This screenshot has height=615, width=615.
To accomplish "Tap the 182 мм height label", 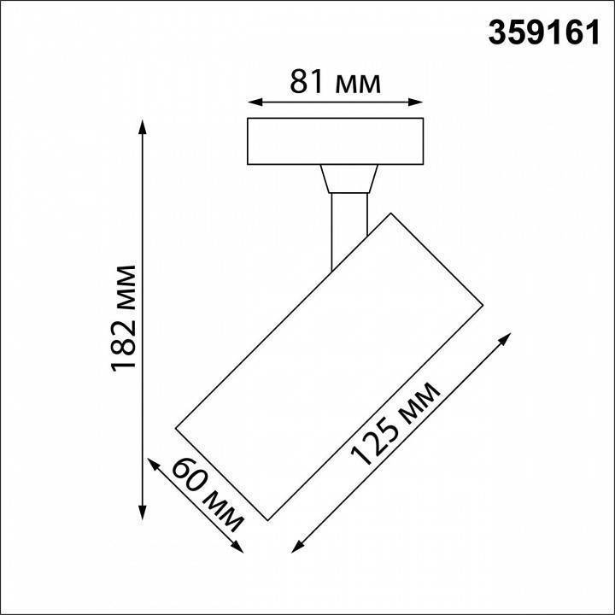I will [126, 319].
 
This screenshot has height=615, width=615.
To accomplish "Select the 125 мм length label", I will [396, 424].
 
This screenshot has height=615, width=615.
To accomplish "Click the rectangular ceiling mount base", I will [334, 141].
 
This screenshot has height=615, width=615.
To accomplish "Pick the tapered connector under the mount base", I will [348, 180].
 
